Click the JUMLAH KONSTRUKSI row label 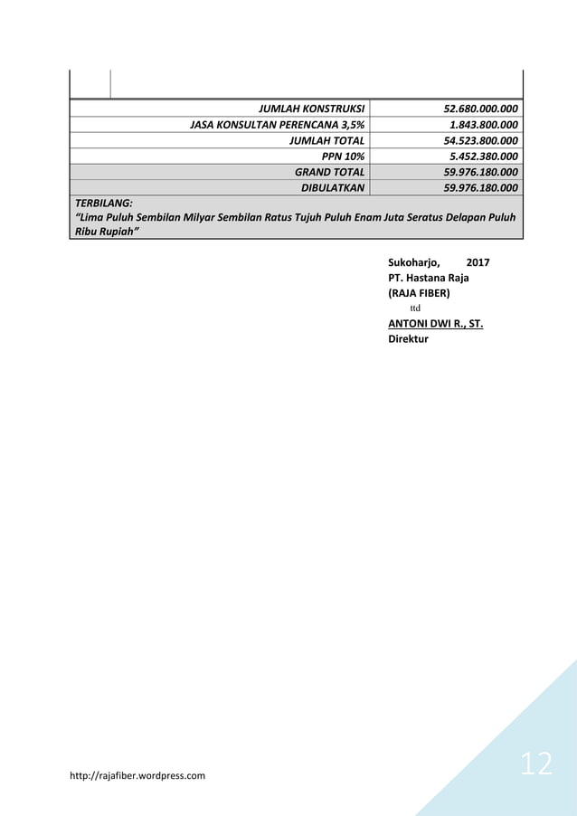[311, 110]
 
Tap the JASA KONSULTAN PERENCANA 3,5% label [277, 126]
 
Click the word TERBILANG [102, 204]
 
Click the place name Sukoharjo [414, 262]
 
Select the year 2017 [478, 262]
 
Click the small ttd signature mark [416, 308]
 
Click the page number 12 [536, 764]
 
